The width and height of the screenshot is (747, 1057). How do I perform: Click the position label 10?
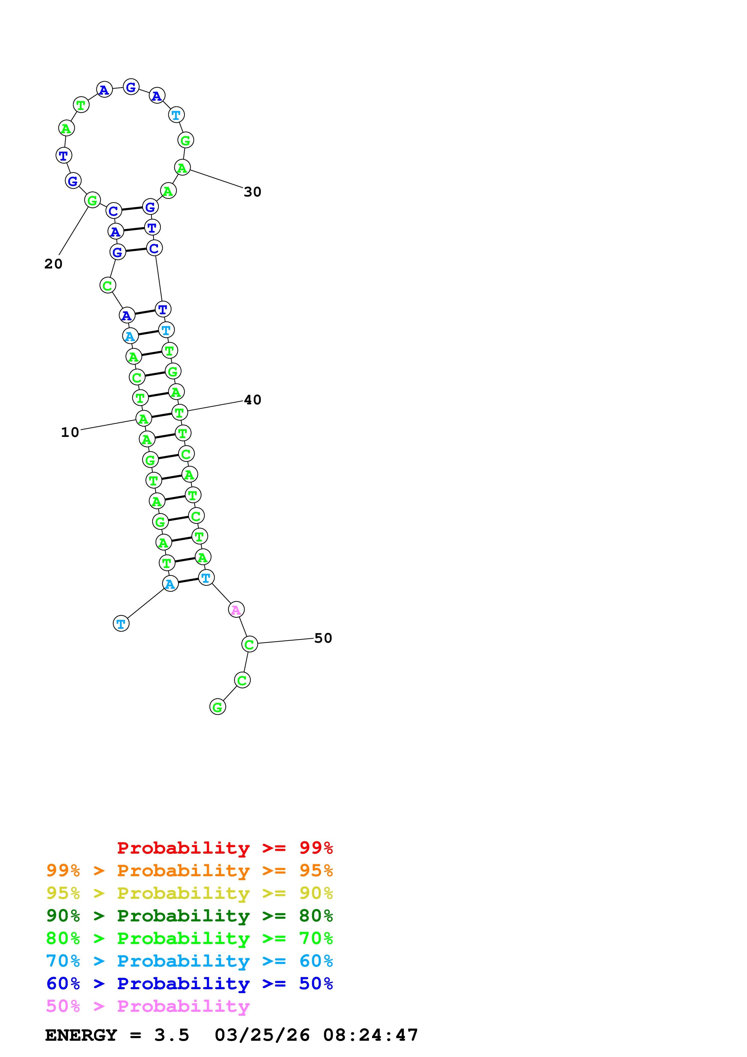(70, 432)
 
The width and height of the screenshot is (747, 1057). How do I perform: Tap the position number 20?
(53, 264)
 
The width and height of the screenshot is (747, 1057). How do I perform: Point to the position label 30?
(252, 192)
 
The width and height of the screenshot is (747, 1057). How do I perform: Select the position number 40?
(252, 400)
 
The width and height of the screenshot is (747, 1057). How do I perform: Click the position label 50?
(323, 638)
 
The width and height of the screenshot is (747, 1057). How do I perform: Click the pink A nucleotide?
(236, 610)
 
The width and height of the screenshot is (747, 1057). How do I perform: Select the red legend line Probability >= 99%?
(224, 848)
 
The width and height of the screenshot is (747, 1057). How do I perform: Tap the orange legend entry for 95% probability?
(189, 870)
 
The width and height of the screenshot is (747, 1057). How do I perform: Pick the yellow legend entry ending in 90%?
(189, 893)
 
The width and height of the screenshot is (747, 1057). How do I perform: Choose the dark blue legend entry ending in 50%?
(189, 983)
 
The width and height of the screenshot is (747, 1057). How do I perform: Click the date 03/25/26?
(262, 1035)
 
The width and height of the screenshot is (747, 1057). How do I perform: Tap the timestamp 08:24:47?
(371, 1035)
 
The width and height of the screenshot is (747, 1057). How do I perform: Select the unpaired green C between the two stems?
(108, 285)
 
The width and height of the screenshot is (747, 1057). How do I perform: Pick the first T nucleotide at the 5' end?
(121, 624)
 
